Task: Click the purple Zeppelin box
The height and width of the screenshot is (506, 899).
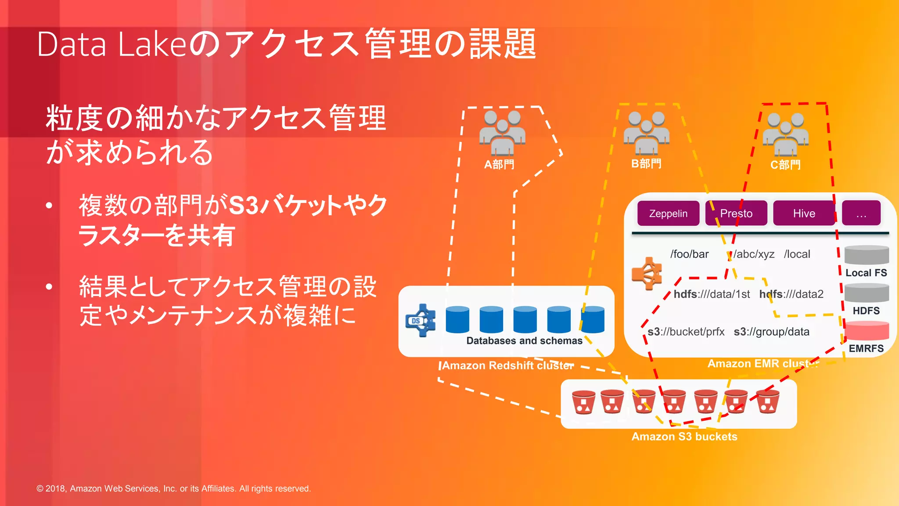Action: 668,213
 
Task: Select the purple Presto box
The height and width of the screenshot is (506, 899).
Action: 736,213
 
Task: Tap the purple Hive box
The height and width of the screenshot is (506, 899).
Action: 804,213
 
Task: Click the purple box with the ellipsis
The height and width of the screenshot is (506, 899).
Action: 861,213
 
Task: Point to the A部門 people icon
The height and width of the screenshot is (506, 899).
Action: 502,133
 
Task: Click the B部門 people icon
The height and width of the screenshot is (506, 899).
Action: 646,133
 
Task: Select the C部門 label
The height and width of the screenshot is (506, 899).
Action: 785,165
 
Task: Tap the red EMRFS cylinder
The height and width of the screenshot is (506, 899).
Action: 867,331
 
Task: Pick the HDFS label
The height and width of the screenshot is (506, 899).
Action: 866,311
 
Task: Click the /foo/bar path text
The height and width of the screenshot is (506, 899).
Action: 689,254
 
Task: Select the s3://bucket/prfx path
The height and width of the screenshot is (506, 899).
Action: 686,332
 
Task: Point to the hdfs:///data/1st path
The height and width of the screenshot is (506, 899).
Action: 712,294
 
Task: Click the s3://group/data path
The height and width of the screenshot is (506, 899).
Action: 771,332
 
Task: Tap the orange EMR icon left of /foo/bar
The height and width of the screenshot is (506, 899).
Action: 647,273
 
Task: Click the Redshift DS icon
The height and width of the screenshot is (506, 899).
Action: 420,321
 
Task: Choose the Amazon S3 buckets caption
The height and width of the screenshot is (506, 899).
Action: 684,437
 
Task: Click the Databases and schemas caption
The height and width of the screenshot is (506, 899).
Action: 524,341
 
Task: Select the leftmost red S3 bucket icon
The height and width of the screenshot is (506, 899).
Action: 583,402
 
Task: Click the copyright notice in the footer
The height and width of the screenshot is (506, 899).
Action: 173,488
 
